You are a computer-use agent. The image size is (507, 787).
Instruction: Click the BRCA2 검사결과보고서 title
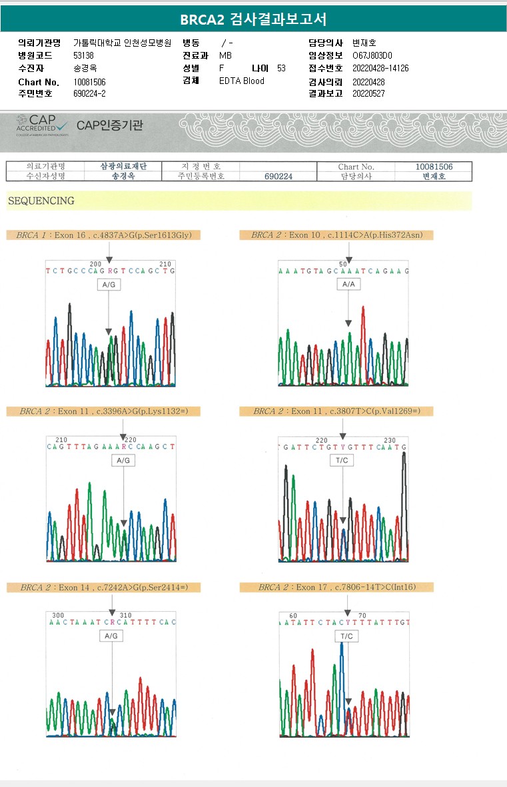coord(253,19)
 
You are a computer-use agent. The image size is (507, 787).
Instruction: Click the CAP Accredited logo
coord(42,125)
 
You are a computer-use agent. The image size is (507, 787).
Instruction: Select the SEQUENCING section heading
coord(41,201)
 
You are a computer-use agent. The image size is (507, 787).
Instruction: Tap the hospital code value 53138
coord(84,55)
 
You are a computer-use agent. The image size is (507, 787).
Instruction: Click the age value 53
coord(281,68)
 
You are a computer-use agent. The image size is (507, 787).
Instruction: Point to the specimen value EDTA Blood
coord(242,81)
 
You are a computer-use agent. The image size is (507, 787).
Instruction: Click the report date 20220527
coord(368,93)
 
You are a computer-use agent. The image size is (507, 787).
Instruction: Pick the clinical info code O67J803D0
coord(372,55)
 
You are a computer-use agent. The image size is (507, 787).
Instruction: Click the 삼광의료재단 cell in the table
coord(123,166)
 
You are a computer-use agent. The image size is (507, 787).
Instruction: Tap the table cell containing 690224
coord(278,177)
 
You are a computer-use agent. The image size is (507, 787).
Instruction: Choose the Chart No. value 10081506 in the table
coord(434,166)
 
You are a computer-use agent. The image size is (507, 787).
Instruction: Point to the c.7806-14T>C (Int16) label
coord(336,587)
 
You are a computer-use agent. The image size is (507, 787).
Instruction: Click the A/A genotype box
coord(348,284)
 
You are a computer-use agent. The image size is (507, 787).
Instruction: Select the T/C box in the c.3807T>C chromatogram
coord(341,460)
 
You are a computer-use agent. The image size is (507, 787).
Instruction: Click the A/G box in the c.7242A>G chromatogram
coord(111,636)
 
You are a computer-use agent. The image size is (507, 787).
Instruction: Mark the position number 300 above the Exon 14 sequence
coord(58,615)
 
